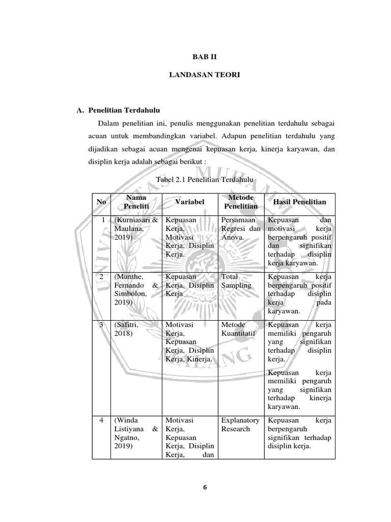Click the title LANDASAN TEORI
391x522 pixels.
click(205, 75)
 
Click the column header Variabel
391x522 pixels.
click(189, 202)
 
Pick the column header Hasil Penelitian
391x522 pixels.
click(300, 202)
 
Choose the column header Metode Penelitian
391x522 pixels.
click(239, 202)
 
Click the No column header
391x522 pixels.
click(101, 202)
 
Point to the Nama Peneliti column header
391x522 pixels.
click(135, 202)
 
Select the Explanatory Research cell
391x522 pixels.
click(240, 425)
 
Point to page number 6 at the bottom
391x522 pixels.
click(205, 487)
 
